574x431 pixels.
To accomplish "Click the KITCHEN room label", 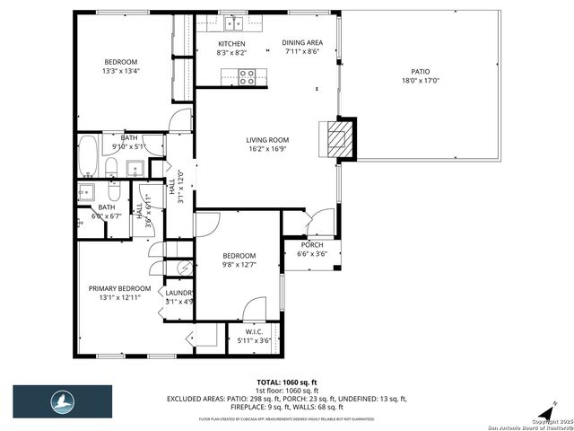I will [232, 48].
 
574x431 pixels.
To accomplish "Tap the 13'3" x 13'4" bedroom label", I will [120, 65].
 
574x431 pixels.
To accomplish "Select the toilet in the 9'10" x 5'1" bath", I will [110, 168].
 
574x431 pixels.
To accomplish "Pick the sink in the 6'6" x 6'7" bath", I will [87, 190].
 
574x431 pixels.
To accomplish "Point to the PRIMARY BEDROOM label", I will [119, 293].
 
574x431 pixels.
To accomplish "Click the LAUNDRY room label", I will [178, 297].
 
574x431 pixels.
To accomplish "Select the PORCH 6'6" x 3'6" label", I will [312, 249].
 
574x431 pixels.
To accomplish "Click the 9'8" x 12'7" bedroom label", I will [239, 259].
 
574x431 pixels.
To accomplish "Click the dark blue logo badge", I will [62, 401].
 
